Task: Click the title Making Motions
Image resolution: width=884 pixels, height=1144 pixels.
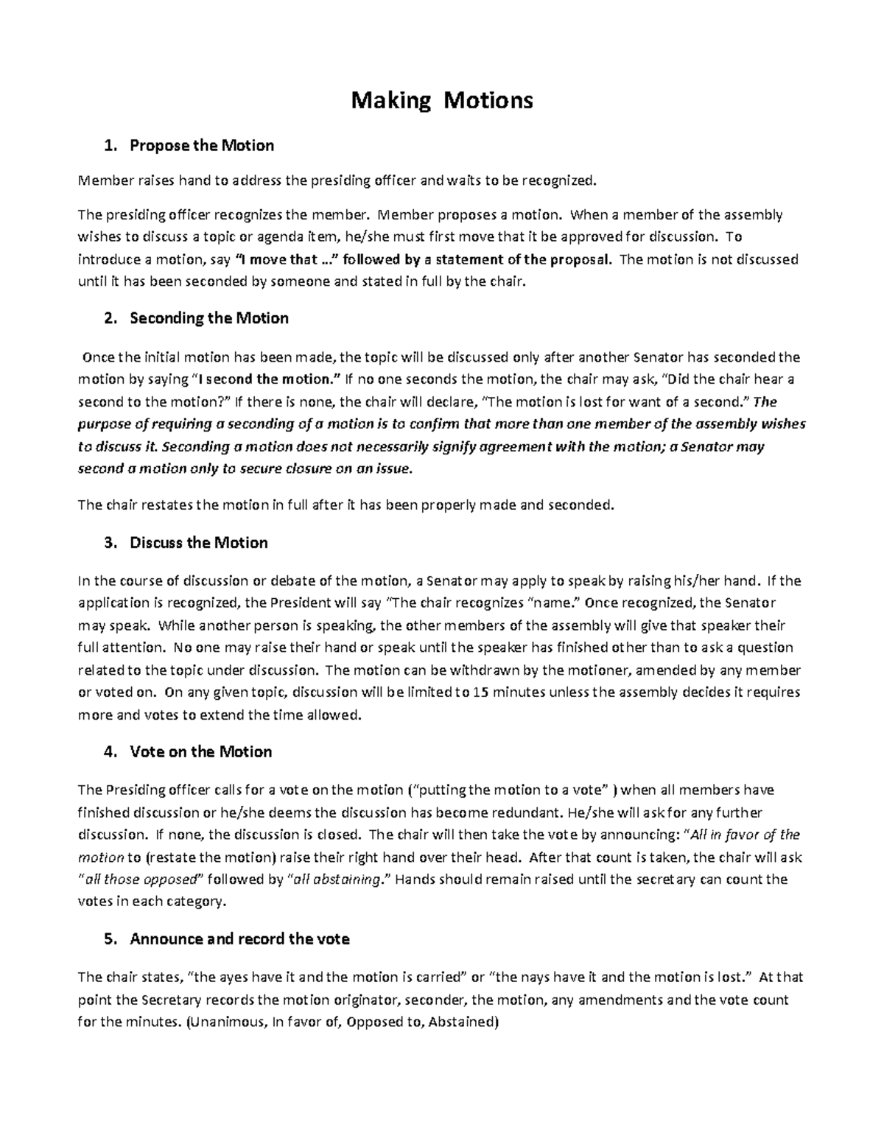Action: coord(441,100)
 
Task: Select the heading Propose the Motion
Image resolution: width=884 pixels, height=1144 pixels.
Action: coord(201,146)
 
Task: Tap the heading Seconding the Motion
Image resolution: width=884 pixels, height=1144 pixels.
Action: coord(208,318)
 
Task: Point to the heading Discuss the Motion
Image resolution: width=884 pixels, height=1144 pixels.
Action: coord(198,543)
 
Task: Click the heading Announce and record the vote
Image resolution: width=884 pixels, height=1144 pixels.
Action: coord(239,939)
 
